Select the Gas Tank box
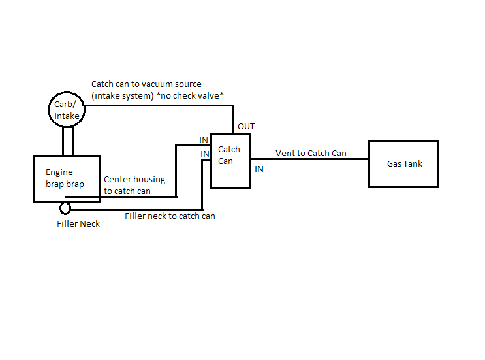404,163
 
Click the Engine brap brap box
67,178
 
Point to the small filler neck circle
65,208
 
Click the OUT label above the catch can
246,126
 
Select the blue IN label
259,169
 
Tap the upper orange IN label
204,140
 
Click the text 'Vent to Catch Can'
311,154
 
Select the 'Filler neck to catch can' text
170,216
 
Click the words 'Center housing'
134,180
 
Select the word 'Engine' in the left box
59,172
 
